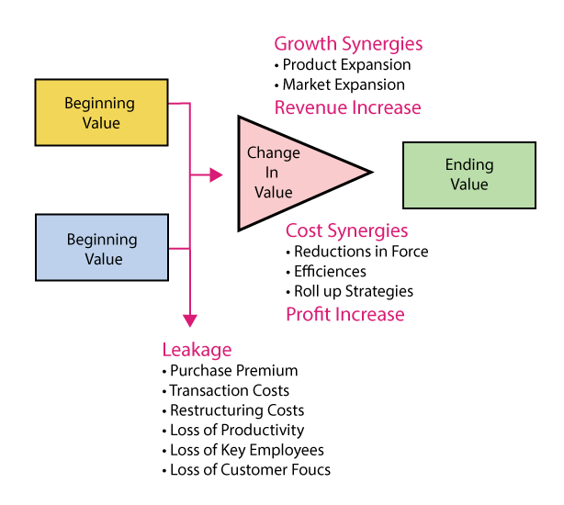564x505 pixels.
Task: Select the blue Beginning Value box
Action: point(101,248)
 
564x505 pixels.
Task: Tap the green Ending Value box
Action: point(468,174)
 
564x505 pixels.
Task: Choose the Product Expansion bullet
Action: point(346,65)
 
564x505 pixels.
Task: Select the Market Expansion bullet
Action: point(343,85)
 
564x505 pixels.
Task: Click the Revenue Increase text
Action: point(347,107)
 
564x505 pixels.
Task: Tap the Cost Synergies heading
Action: point(346,230)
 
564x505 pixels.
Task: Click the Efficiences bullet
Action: point(330,272)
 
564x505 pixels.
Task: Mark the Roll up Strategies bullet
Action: point(353,292)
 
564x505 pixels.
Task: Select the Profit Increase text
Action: point(344,314)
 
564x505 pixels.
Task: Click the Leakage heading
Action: point(197,350)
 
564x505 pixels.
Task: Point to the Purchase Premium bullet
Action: point(233,371)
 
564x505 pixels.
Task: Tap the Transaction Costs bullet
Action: point(229,391)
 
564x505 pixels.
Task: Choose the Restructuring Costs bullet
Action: point(236,410)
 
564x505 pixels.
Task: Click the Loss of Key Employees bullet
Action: point(246,450)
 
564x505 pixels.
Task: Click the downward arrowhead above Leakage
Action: point(190,320)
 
